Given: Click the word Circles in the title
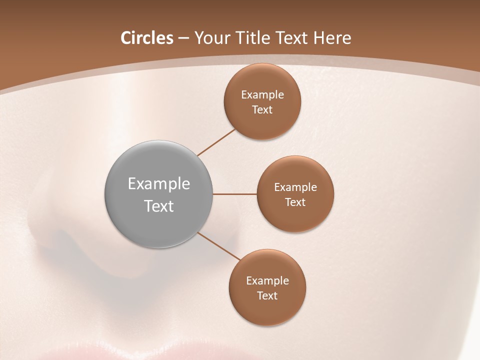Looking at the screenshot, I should pos(146,38).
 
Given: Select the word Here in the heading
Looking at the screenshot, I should pos(332,38).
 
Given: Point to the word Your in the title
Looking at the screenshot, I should pos(211,38).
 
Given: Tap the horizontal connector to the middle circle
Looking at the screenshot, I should pos(234,194).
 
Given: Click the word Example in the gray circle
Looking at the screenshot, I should pos(158,184).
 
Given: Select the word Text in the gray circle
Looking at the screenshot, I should pos(158,206).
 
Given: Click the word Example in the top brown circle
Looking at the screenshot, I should pos(262,94).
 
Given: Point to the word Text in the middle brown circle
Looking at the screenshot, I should pos(295,202).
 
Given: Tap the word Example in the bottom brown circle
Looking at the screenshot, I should pos(267,280).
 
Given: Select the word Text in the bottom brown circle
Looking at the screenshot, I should pos(267,295).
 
